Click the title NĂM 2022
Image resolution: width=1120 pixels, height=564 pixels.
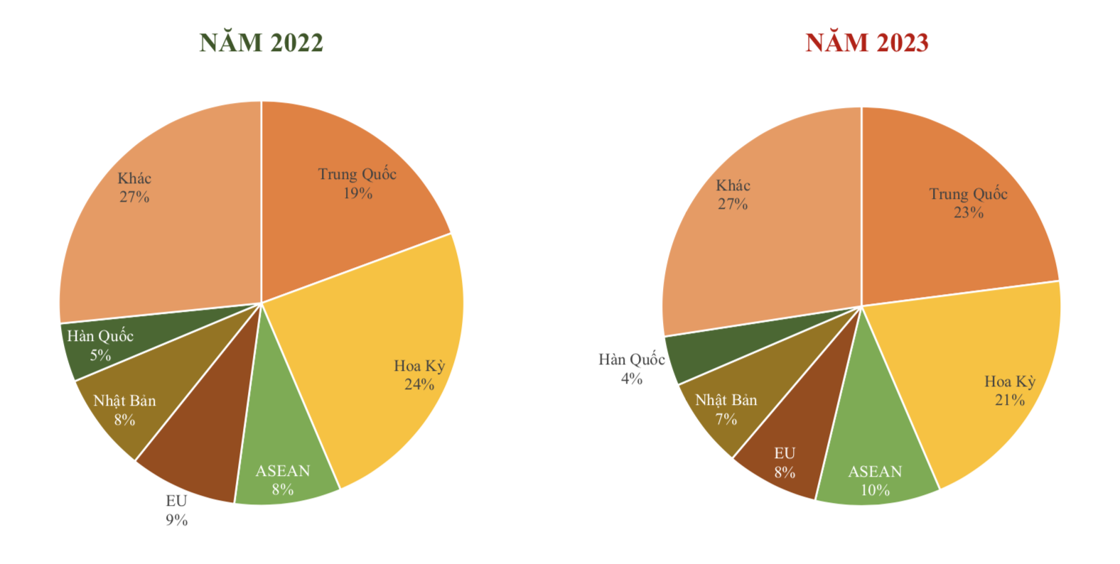pos(261,43)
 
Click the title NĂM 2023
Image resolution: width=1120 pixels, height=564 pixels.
pos(866,43)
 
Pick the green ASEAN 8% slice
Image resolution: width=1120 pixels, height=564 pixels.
pos(284,455)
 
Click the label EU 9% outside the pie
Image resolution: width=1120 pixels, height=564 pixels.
pos(177,511)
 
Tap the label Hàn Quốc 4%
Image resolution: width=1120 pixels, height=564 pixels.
pos(632,369)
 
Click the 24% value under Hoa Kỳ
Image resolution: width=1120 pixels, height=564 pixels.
pos(419,384)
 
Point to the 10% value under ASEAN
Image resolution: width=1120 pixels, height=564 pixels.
pos(875,490)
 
